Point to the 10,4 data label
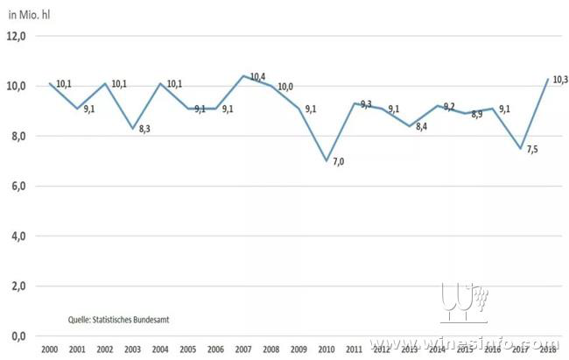[257, 77]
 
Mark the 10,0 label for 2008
[285, 87]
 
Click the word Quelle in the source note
[81, 320]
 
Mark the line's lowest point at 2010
[326, 161]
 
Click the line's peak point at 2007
[242, 75]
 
